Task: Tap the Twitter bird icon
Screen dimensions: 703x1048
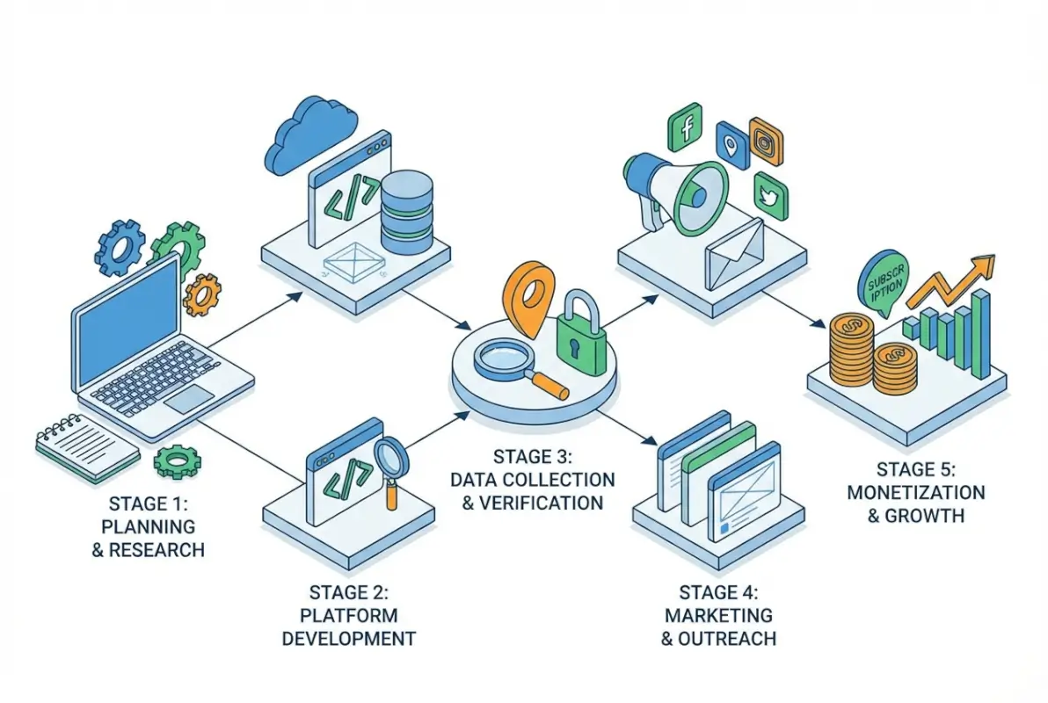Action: tap(770, 197)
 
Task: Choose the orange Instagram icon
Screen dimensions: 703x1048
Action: tap(766, 141)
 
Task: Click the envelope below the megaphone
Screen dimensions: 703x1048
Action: tap(733, 254)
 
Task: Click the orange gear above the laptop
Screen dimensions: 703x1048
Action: tap(202, 294)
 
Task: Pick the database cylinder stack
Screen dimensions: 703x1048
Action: tap(407, 211)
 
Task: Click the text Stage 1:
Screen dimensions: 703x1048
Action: tap(149, 504)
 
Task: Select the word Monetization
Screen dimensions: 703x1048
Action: tap(915, 492)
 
